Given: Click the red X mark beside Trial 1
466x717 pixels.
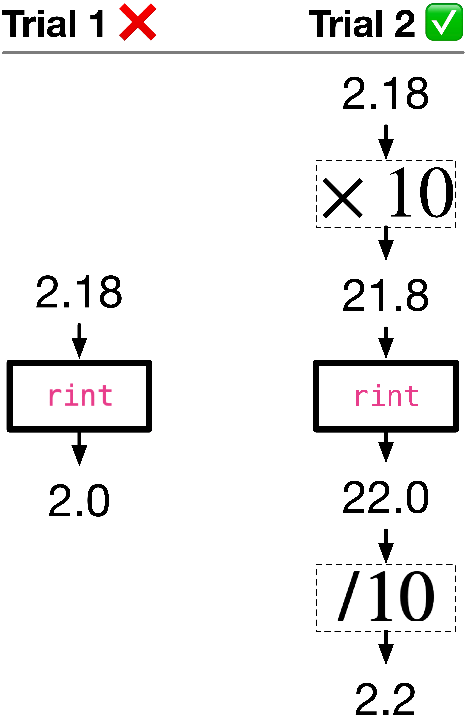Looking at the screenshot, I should click(138, 22).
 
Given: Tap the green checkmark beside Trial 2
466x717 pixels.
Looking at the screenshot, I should click(444, 22).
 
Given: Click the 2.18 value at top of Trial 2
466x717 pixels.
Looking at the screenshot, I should click(386, 93).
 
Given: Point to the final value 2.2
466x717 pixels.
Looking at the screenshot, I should click(386, 699).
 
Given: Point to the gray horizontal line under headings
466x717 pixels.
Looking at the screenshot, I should click(233, 53).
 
